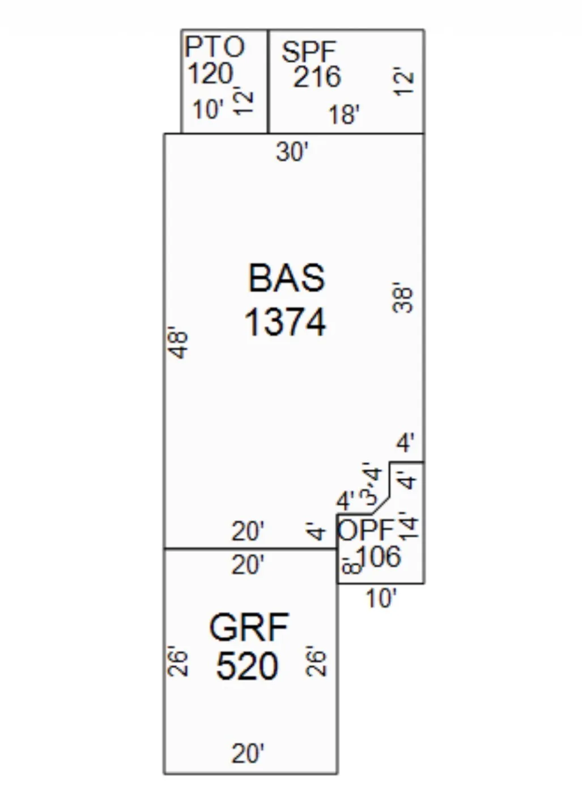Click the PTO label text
click(x=215, y=47)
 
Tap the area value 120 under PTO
click(x=210, y=74)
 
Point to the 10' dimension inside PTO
click(x=207, y=109)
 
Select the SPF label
click(x=309, y=52)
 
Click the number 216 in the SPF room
click(x=317, y=77)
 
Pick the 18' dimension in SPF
click(x=344, y=114)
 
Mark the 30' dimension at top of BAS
click(x=292, y=152)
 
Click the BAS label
click(x=287, y=278)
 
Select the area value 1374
click(x=285, y=322)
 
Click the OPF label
click(x=366, y=531)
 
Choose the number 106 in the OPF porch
click(x=379, y=556)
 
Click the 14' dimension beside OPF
click(x=409, y=525)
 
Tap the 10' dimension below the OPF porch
click(x=380, y=598)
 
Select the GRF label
click(x=249, y=627)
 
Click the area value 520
click(x=247, y=666)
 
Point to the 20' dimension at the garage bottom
click(x=248, y=754)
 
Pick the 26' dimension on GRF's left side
click(x=177, y=662)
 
